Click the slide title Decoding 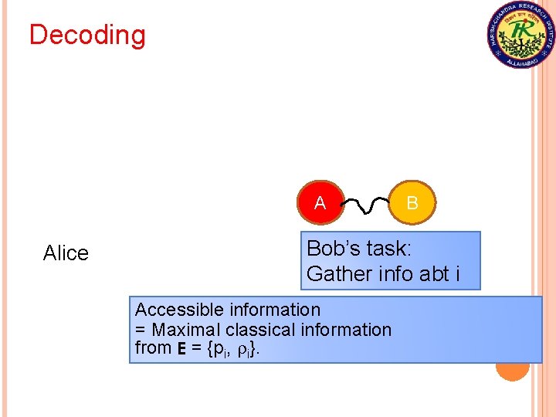(86, 36)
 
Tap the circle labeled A (320, 203)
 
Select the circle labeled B (412, 203)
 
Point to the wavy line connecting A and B (365, 205)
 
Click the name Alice (66, 253)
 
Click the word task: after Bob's (391, 249)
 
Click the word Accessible (175, 310)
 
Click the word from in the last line (152, 348)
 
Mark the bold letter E (181, 349)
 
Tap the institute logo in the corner (521, 35)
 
